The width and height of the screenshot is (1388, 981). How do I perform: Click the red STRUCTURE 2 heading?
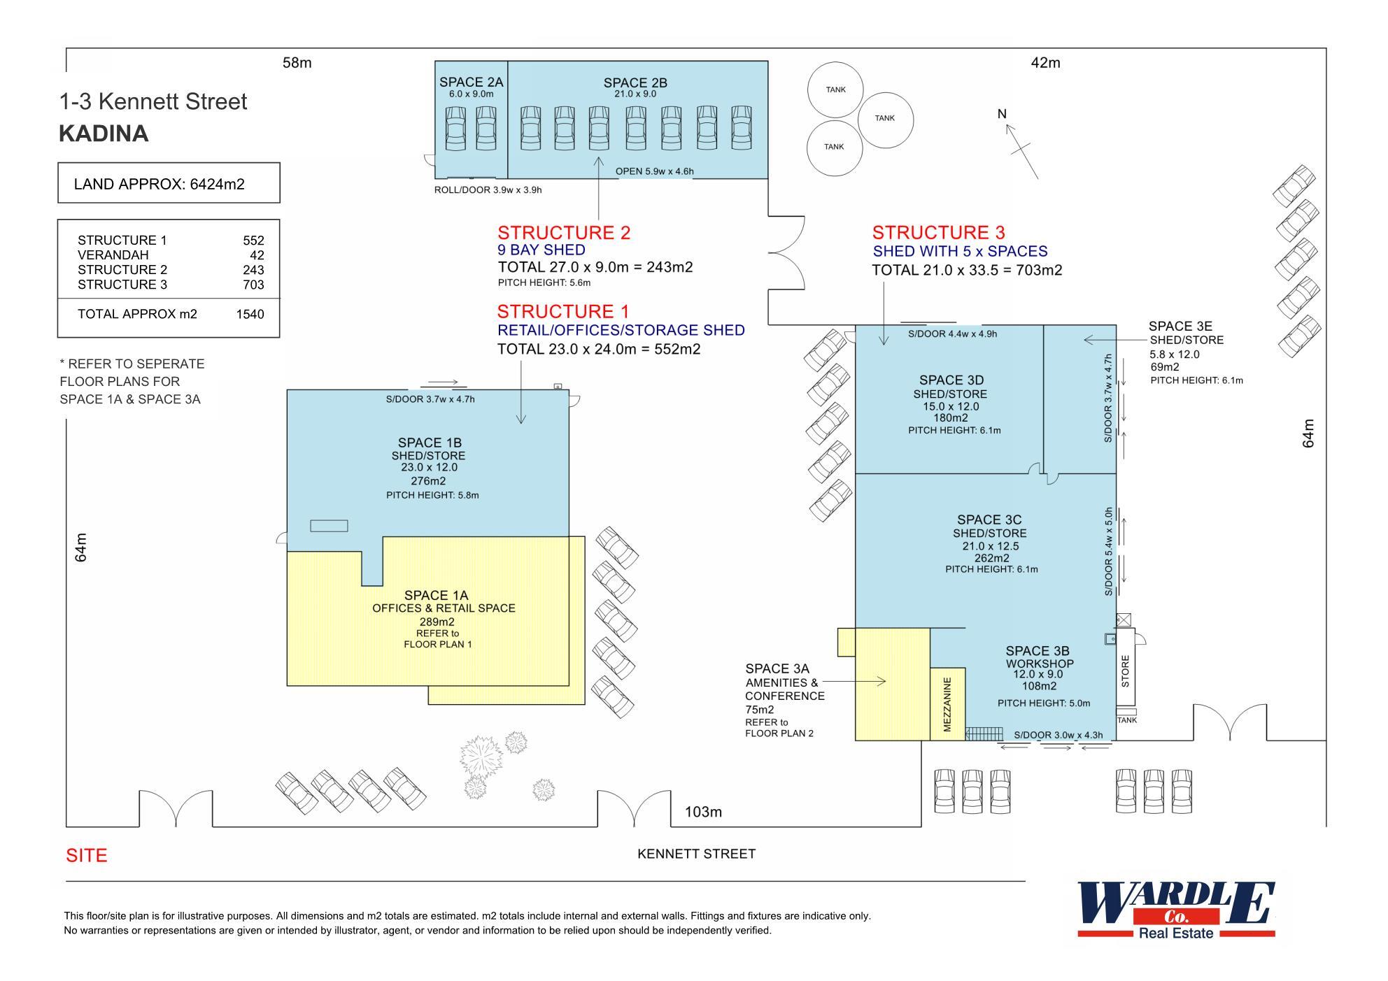pos(564,233)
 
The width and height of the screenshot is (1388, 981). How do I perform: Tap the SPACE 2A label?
pos(471,83)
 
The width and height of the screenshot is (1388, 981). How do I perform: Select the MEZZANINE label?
pos(947,704)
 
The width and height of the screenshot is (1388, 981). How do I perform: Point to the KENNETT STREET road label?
pos(696,854)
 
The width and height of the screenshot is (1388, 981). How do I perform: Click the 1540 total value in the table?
pos(250,314)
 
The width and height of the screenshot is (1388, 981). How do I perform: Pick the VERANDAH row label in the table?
pos(113,255)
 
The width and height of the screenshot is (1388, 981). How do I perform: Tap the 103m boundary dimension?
pos(703,812)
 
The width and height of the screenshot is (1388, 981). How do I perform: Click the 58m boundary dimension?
pos(297,63)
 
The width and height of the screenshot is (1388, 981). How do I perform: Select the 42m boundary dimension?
pos(1045,63)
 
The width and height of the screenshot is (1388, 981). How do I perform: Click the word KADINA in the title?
pos(104,134)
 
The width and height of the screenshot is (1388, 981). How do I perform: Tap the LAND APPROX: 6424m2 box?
pos(169,184)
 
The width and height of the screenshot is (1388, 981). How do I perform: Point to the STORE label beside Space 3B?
pos(1125,671)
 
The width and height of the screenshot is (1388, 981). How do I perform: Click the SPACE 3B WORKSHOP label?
pos(1038,657)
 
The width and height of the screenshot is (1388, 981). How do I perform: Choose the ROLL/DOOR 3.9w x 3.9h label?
pos(488,190)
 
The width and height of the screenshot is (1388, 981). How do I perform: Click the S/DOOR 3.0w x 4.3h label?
pos(1058,735)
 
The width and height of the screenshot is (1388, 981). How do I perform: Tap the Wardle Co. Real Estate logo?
pos(1175,910)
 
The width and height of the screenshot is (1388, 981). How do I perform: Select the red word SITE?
pos(87,856)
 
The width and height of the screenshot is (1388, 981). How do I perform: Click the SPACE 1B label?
pos(430,443)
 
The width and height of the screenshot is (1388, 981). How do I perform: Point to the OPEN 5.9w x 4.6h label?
pos(654,171)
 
